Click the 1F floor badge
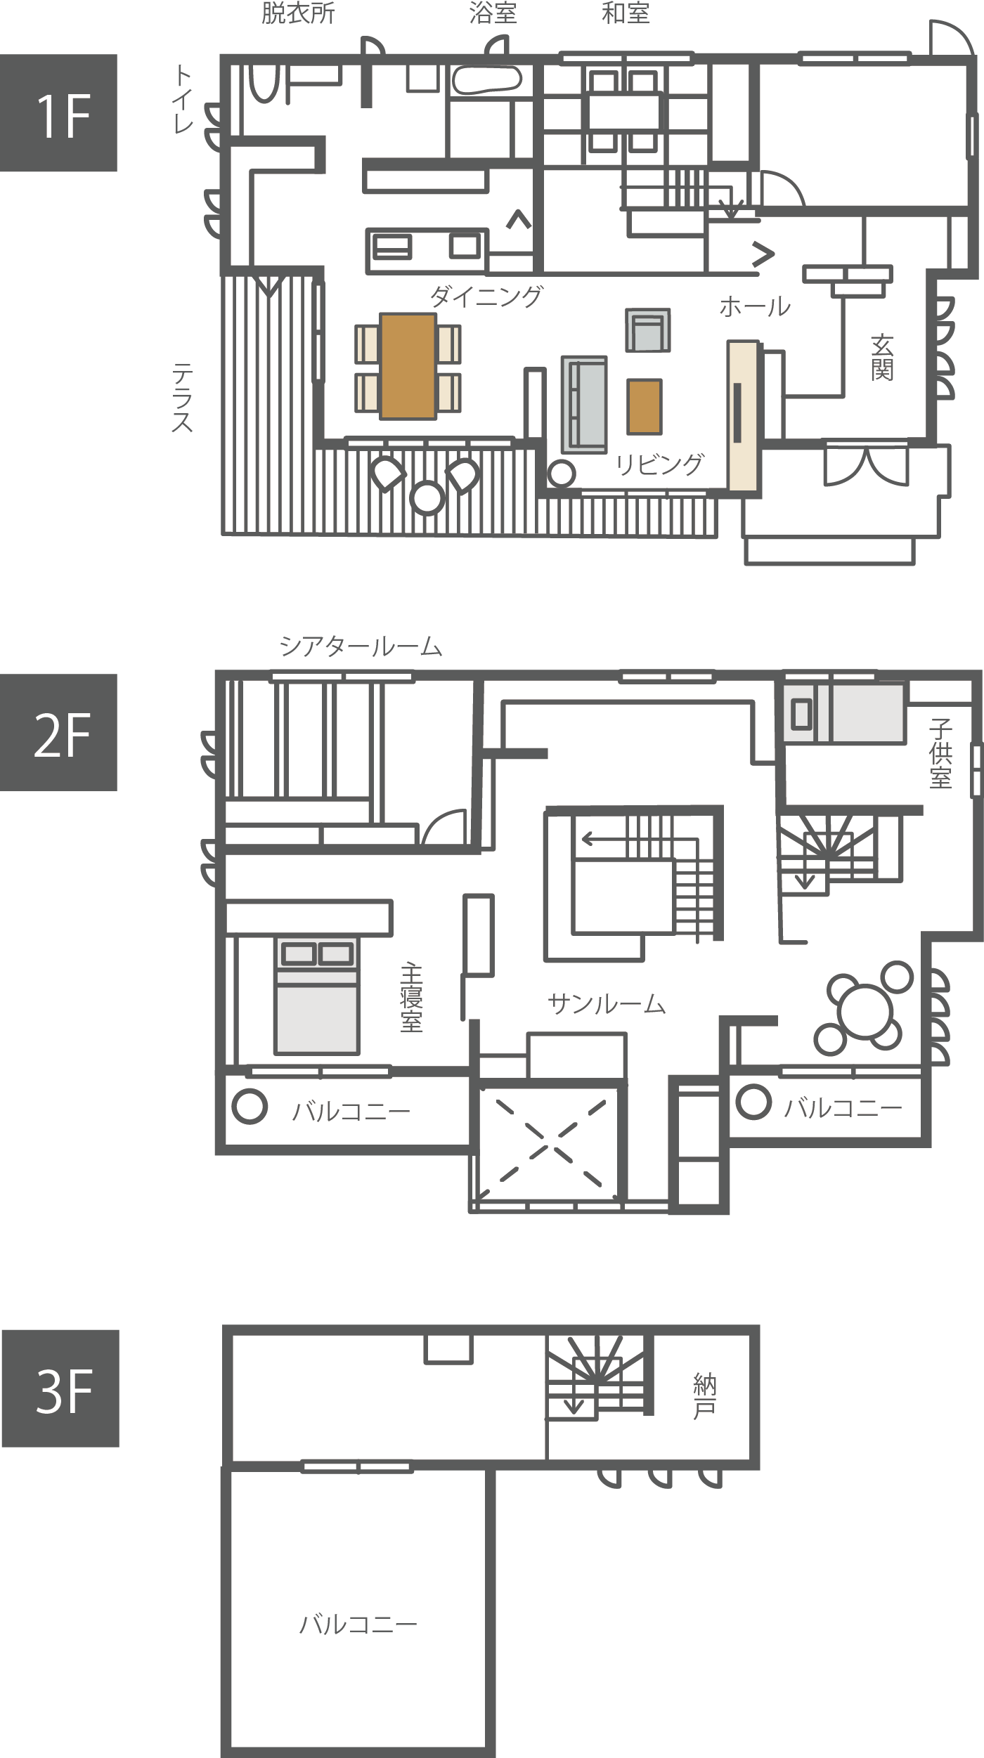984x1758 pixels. [x=58, y=112]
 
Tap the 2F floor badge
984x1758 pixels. [x=58, y=732]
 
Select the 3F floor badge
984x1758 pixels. [x=60, y=1388]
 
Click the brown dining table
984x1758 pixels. [x=408, y=366]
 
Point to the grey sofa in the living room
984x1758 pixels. [x=584, y=405]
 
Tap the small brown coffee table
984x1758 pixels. [x=645, y=407]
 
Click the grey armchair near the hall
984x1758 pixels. [x=648, y=330]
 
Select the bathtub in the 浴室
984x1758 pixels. [x=486, y=79]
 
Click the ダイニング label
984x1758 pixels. [x=486, y=297]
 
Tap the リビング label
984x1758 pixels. [x=659, y=464]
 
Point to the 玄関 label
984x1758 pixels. [x=882, y=358]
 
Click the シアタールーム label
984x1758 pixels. [x=361, y=646]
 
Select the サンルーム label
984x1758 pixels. [x=607, y=1004]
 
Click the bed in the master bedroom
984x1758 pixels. [x=317, y=995]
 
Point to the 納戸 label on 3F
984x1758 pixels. [x=704, y=1396]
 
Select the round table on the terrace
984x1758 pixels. [x=427, y=497]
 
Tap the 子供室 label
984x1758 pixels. [x=940, y=753]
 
